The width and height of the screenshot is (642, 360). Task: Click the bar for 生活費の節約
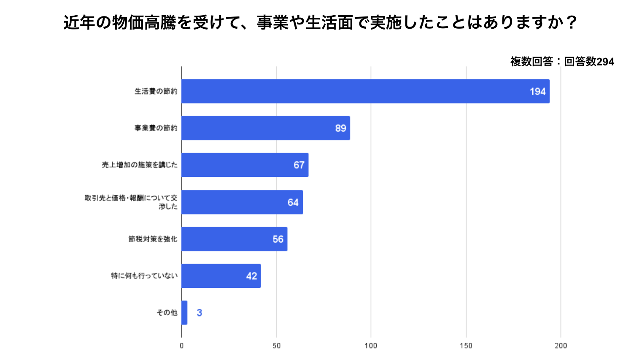(x=365, y=91)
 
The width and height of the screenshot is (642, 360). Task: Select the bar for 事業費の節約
(x=266, y=128)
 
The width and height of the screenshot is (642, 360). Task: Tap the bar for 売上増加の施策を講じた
(x=245, y=165)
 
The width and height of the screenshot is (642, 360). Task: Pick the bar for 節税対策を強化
(x=234, y=239)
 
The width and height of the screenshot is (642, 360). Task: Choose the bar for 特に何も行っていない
(x=221, y=276)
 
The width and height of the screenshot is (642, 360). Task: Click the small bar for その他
(x=184, y=313)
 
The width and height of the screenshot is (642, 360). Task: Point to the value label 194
(x=537, y=92)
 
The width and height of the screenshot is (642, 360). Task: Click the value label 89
(x=340, y=128)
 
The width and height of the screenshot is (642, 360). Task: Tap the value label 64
(x=293, y=203)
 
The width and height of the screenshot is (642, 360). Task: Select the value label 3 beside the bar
(x=199, y=313)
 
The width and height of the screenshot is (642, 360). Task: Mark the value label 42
(x=251, y=276)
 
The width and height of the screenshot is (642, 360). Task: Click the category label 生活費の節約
(x=156, y=91)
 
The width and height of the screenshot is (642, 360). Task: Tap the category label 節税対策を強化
(x=153, y=239)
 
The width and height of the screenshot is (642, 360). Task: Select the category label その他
(x=167, y=313)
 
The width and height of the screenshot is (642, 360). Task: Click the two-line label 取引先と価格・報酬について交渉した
(x=131, y=202)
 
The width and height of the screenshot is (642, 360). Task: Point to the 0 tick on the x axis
(x=181, y=346)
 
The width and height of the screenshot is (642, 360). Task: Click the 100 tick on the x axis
(x=371, y=346)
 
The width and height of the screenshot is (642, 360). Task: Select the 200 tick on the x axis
(x=561, y=346)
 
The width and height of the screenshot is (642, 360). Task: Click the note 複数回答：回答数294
(x=562, y=62)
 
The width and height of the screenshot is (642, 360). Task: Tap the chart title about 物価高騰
(x=321, y=22)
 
